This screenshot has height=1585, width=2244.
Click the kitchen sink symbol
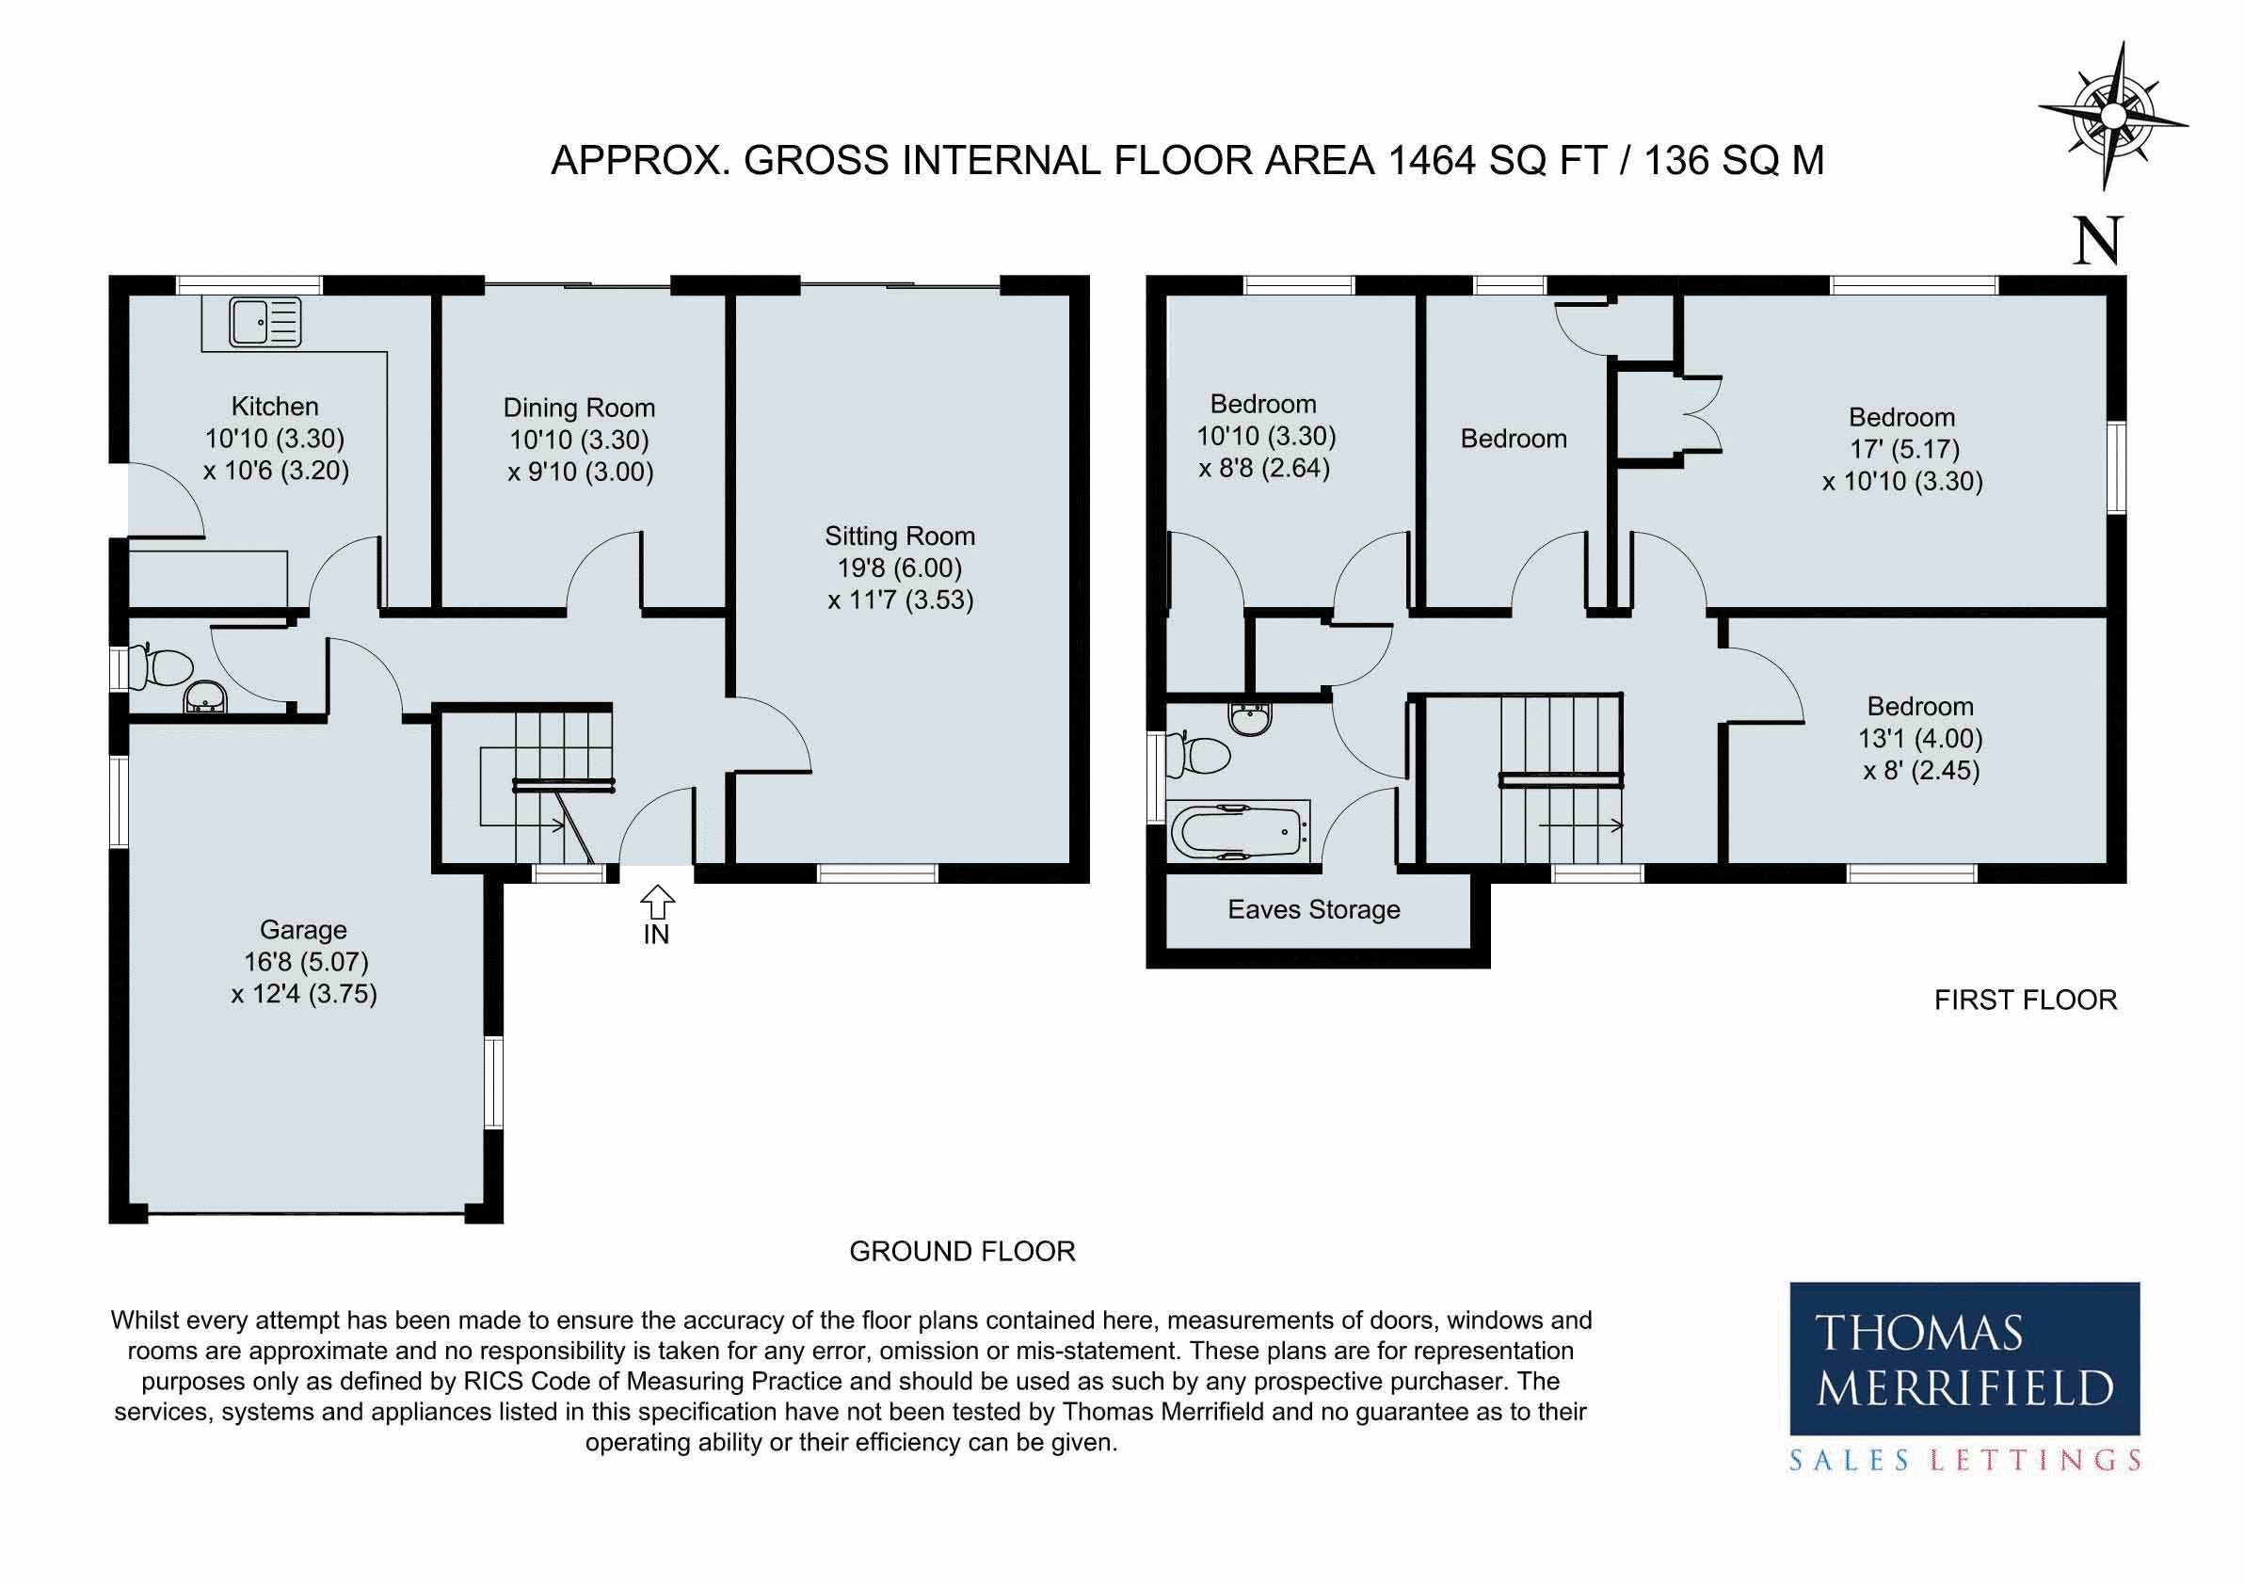pyautogui.click(x=264, y=323)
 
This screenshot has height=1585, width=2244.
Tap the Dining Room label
pyautogui.click(x=579, y=408)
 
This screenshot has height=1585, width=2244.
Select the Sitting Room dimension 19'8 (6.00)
pyautogui.click(x=899, y=568)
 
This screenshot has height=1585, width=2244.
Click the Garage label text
pyautogui.click(x=303, y=929)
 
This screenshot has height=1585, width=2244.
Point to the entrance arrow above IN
pyautogui.click(x=658, y=900)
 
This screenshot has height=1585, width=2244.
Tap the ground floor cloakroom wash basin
pyautogui.click(x=204, y=698)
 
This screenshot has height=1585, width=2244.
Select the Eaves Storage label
pyautogui.click(x=1314, y=910)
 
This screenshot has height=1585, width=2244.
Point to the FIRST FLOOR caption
pyautogui.click(x=2025, y=1000)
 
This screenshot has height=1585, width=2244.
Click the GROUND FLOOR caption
pyautogui.click(x=962, y=1251)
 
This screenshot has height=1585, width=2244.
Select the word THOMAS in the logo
pyautogui.click(x=1918, y=1333)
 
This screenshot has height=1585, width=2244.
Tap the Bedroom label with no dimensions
pyautogui.click(x=1513, y=439)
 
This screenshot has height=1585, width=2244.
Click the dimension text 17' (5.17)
pyautogui.click(x=1903, y=449)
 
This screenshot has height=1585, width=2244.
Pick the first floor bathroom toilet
pyautogui.click(x=1200, y=756)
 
